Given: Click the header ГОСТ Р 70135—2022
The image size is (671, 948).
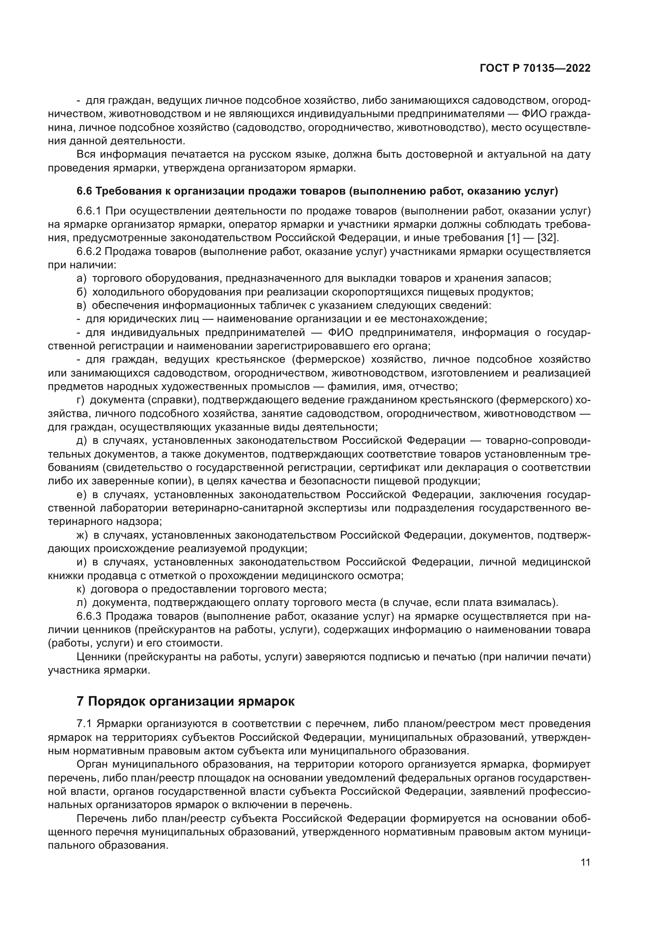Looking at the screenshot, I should pyautogui.click(x=535, y=68).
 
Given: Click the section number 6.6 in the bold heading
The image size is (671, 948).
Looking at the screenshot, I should pyautogui.click(x=84, y=191).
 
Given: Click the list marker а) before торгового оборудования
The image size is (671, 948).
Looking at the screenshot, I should pyautogui.click(x=82, y=278).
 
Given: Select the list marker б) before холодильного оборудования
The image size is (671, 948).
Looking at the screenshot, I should pyautogui.click(x=82, y=292).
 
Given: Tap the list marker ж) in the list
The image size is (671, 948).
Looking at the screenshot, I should pyautogui.click(x=82, y=535).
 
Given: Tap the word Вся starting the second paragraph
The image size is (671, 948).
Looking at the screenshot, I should pyautogui.click(x=86, y=155).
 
